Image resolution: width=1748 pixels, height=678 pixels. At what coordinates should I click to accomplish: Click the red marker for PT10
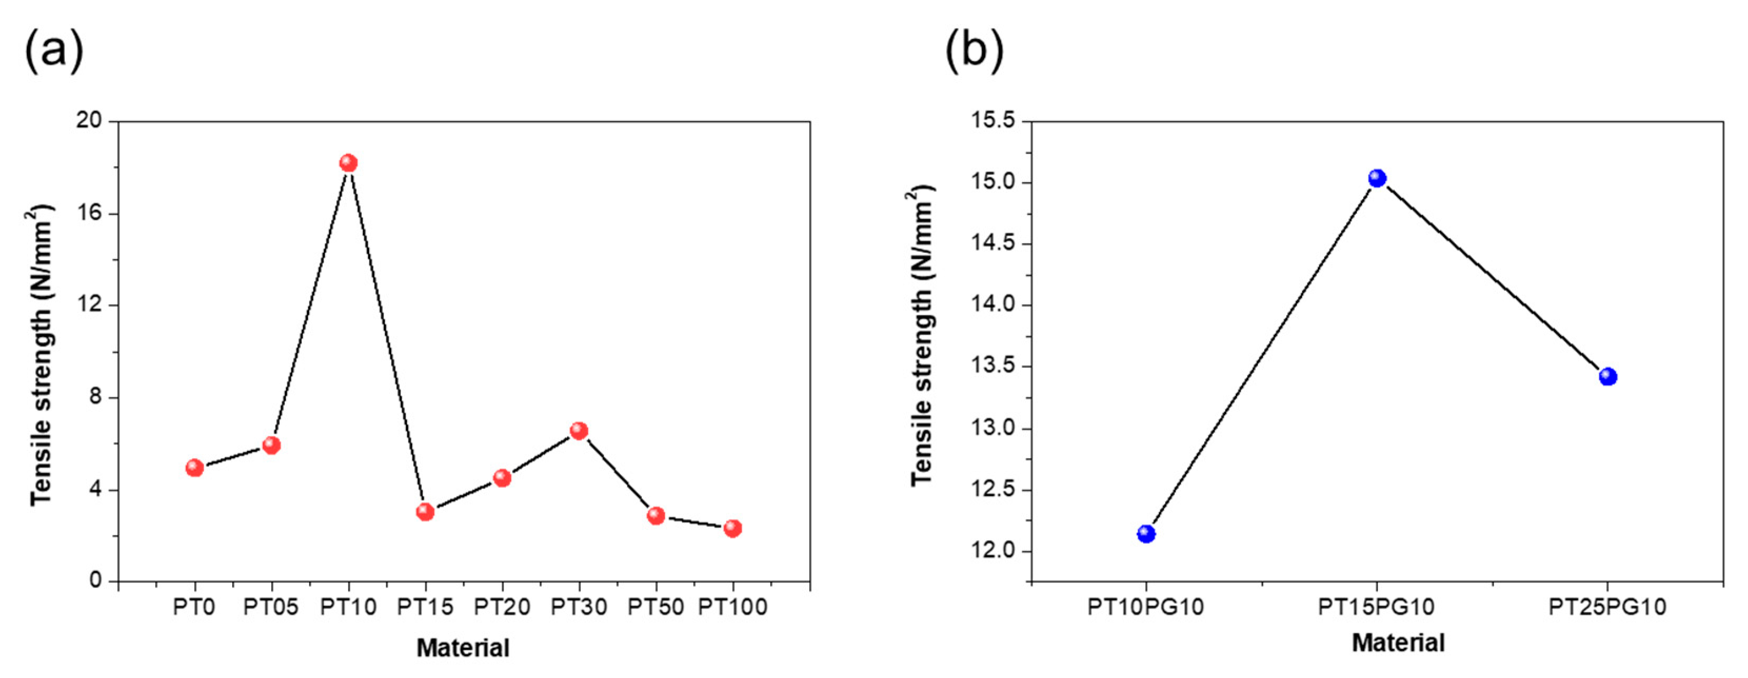point(348,163)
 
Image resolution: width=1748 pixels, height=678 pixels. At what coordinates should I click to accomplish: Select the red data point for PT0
point(195,467)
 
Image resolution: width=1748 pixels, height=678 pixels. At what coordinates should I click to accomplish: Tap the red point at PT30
point(579,430)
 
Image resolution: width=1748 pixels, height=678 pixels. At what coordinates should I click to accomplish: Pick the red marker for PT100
point(732,528)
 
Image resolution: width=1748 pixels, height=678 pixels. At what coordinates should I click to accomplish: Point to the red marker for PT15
point(425,512)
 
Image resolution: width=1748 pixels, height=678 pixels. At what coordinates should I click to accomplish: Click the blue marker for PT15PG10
point(1377,178)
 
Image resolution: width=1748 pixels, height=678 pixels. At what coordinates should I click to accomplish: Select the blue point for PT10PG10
point(1146,533)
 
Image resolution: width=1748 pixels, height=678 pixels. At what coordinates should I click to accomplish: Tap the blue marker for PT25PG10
point(1607,377)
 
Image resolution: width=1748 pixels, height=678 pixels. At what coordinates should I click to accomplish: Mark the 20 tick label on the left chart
point(88,121)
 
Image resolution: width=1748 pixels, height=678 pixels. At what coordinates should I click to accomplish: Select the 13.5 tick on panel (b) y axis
point(994,366)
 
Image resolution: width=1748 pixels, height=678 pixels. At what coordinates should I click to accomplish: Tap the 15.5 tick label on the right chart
point(994,121)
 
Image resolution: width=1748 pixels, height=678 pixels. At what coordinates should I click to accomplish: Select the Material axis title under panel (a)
point(463,647)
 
